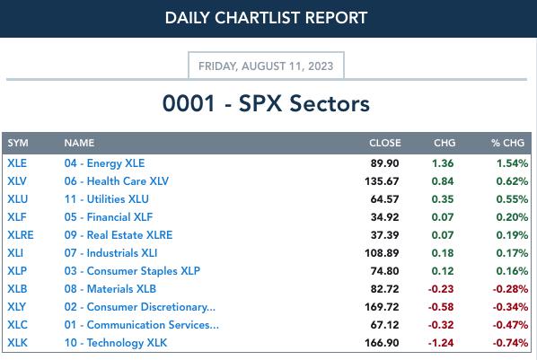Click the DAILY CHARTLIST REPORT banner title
coord(266,18)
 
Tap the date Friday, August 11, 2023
coord(266,66)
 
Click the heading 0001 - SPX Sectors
coord(266,103)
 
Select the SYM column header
coord(18,143)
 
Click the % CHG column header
coord(507,143)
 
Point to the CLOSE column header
coord(385,143)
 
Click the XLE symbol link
coord(17,163)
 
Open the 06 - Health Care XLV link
coord(117,180)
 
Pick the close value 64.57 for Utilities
coord(384,199)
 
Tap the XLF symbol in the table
coord(17,217)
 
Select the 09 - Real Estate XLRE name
coord(119,235)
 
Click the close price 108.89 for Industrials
coord(382,253)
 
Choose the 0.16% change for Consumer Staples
coord(512,271)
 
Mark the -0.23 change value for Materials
coord(441,289)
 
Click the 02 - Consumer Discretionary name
coord(140,307)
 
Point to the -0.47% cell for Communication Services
coord(510,325)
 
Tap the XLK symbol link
coord(17,343)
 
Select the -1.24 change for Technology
coord(441,343)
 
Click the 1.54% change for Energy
coord(512,163)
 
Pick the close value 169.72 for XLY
coord(382,307)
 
